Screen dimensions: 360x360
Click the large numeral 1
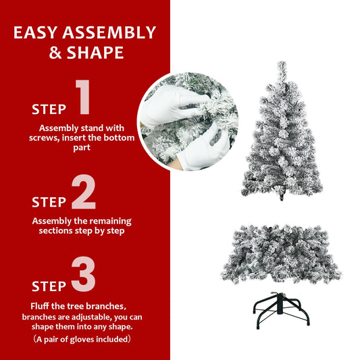[82, 98]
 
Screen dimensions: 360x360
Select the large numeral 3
[83, 276]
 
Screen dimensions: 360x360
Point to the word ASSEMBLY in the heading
[111, 32]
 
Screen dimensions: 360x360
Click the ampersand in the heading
[57, 52]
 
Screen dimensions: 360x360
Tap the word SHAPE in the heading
[95, 52]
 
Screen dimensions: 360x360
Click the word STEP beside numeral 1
[49, 109]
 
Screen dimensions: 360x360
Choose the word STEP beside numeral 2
[49, 202]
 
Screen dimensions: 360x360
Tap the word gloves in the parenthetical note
[93, 338]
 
